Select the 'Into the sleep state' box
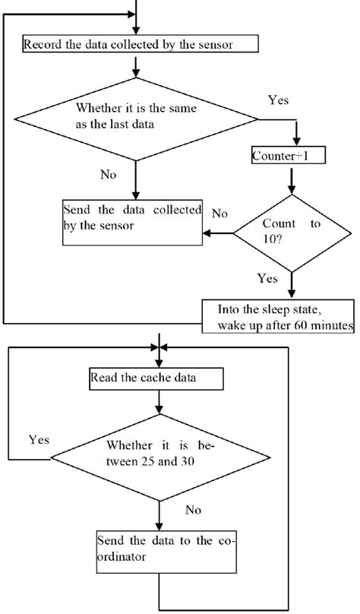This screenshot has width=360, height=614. tap(278, 316)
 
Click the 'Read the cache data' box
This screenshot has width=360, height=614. tap(156, 378)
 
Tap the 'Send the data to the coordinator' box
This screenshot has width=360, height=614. tap(156, 549)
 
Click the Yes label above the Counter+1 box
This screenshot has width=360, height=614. tap(280, 100)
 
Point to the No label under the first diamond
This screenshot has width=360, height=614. tap(109, 174)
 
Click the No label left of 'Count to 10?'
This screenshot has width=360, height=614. tap(219, 214)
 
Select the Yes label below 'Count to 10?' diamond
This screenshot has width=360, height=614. tap(267, 278)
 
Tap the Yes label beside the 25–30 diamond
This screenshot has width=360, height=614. tap(39, 439)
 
